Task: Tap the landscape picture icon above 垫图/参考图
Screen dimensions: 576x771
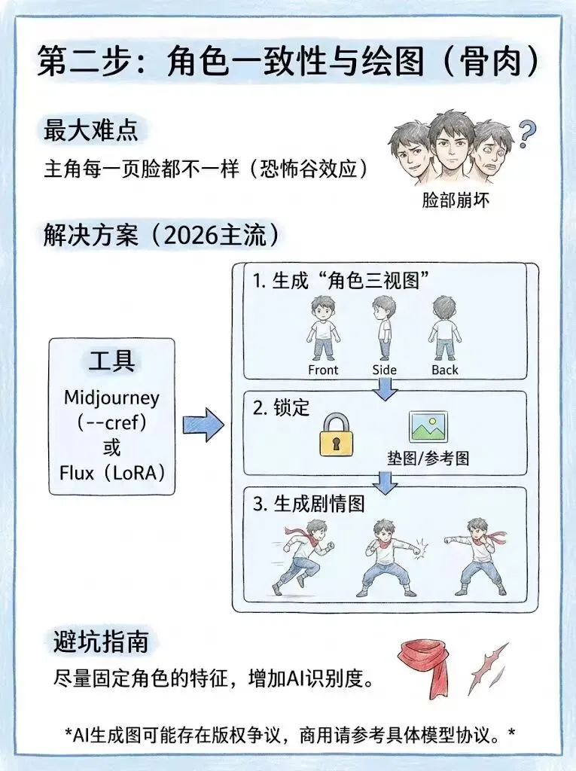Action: (427, 426)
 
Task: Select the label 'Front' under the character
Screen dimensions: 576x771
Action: (324, 370)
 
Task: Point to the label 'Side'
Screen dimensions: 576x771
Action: (384, 370)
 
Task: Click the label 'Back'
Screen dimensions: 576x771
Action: (445, 370)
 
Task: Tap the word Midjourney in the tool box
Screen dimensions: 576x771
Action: (111, 397)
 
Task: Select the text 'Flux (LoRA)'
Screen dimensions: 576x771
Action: (111, 473)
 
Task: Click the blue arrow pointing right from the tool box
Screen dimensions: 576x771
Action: (203, 425)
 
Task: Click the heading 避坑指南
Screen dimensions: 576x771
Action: (101, 642)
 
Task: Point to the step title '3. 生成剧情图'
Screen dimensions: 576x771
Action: (308, 504)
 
